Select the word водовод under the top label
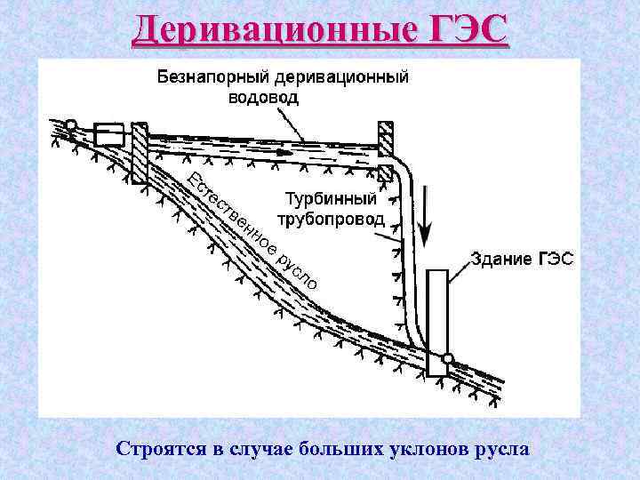264,97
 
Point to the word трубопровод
331,219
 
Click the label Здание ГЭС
522,260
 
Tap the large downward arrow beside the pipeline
425,213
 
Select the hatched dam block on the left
139,152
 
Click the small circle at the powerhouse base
448,360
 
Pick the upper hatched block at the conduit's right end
386,139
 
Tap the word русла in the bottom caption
502,448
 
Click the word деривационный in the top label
344,76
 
